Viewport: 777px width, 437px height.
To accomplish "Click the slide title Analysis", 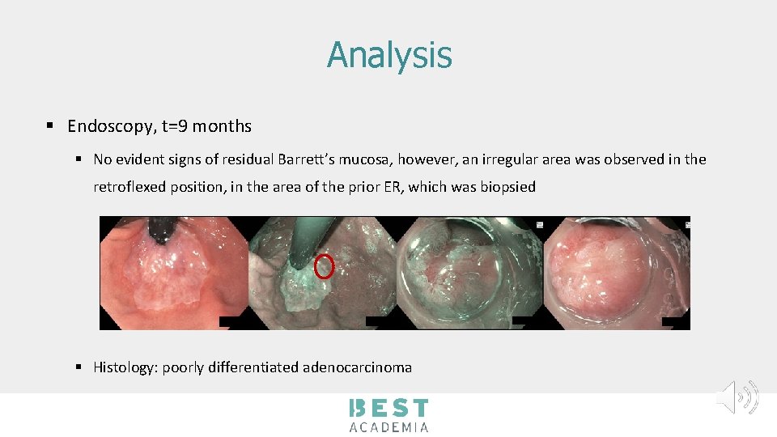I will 389,55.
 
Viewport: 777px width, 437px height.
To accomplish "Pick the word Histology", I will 125,367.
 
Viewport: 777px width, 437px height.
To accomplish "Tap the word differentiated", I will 252,367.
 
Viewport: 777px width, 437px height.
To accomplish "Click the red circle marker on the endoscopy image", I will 324,265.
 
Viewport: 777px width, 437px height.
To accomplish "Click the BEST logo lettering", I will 388,409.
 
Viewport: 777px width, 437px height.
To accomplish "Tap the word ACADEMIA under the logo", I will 388,426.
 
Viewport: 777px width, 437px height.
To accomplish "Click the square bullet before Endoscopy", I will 50,126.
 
